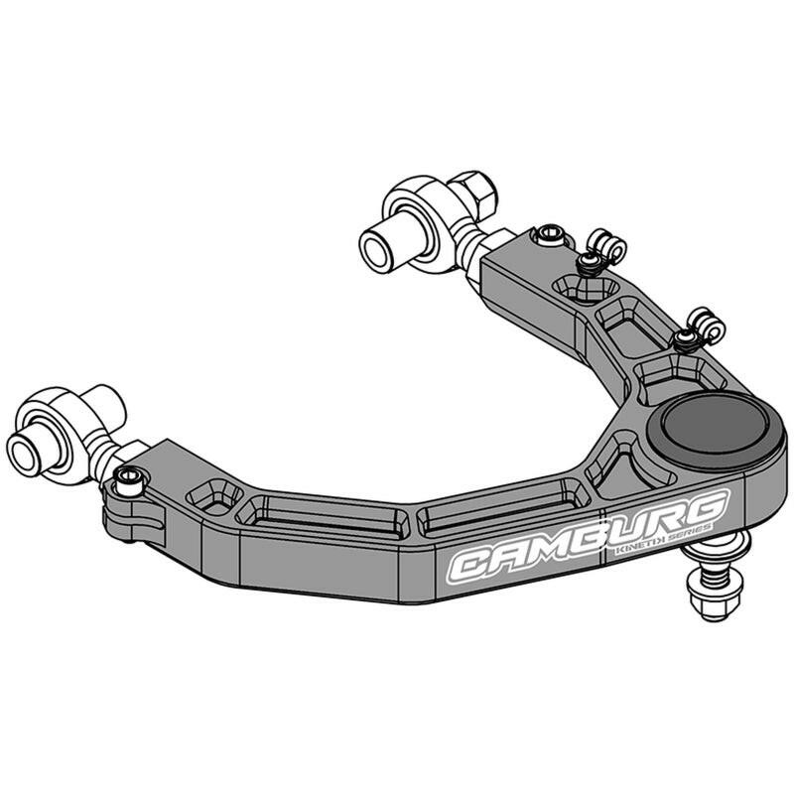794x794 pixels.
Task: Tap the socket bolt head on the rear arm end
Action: point(548,235)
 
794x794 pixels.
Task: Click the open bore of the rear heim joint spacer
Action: point(377,247)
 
